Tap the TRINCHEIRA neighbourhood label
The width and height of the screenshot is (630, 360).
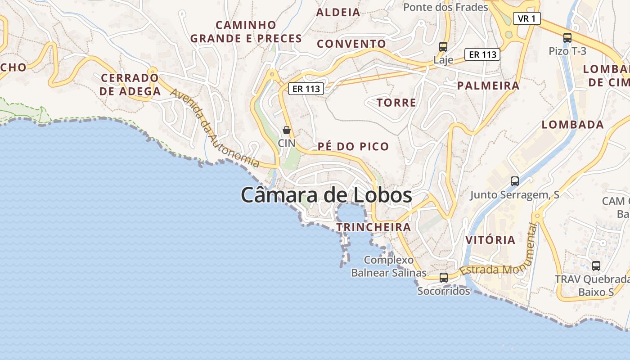(x=373, y=227)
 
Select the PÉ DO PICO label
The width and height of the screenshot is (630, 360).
(x=353, y=147)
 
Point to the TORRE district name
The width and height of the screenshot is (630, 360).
(x=396, y=103)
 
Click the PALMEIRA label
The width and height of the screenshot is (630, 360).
(x=488, y=85)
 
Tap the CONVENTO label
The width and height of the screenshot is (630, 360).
(x=351, y=44)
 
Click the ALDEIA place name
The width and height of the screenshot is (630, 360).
(x=338, y=13)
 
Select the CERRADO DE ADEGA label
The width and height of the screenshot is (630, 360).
(x=130, y=85)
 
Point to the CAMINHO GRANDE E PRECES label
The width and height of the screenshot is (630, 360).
(x=246, y=31)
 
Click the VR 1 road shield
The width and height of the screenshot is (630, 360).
(x=526, y=18)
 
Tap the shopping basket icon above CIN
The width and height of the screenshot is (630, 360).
(x=287, y=130)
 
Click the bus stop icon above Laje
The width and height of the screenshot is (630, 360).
(x=443, y=46)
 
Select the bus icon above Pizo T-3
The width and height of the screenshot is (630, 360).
(x=567, y=38)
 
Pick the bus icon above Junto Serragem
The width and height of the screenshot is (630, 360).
(x=515, y=181)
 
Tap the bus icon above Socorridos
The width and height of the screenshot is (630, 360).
(x=444, y=277)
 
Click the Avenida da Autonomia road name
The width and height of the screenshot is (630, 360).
(x=216, y=128)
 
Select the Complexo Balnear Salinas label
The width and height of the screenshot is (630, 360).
(x=389, y=266)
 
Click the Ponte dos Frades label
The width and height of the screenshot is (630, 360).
(x=445, y=7)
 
